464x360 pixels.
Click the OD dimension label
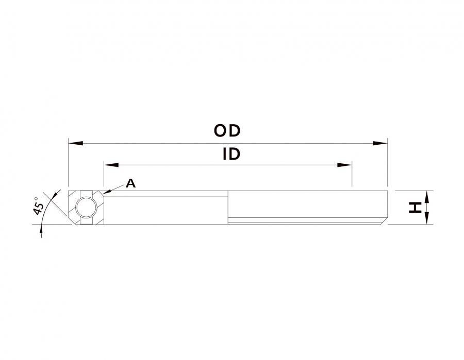tap(227, 131)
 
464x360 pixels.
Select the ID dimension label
tap(231, 154)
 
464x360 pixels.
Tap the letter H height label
tap(415, 208)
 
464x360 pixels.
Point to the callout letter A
tap(130, 183)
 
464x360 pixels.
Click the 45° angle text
tap(38, 205)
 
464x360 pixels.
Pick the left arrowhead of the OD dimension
tap(75, 143)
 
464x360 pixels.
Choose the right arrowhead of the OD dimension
tap(380, 143)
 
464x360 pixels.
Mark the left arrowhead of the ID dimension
tap(111, 165)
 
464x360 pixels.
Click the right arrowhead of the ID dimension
tap(345, 165)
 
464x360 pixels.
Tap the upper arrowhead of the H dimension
tap(426, 197)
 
